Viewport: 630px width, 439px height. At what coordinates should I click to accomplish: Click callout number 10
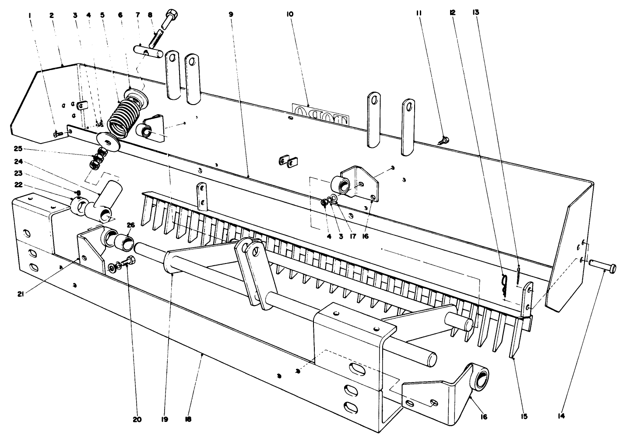tap(290, 14)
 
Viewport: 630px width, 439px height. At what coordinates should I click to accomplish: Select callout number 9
tap(231, 14)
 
